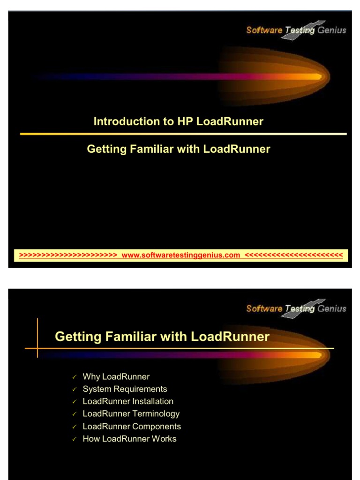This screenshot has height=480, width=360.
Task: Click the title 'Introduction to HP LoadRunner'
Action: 178,121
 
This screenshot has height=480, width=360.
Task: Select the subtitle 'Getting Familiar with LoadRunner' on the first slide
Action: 178,149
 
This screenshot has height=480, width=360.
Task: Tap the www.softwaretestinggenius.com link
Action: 180,255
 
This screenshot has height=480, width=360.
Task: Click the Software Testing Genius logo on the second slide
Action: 296,308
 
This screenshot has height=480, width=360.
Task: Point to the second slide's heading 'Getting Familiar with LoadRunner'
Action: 162,337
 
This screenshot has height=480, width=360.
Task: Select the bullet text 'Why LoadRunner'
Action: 116,376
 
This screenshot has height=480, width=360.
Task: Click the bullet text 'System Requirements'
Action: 125,389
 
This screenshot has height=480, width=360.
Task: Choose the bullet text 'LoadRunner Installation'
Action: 128,401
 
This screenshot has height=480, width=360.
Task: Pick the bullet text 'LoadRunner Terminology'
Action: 131,414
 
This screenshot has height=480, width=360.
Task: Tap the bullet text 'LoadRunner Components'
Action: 132,427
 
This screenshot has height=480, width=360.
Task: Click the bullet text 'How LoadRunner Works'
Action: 129,439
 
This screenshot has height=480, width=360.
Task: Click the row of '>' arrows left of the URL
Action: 68,255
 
